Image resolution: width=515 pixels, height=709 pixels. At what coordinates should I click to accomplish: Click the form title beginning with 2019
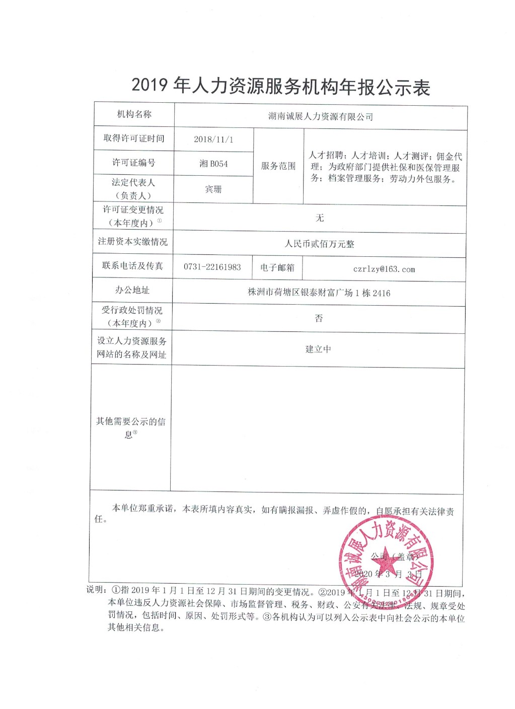280,87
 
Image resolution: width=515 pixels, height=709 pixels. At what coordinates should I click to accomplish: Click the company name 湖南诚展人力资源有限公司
320,117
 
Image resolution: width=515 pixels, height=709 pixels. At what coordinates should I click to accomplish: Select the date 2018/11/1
213,139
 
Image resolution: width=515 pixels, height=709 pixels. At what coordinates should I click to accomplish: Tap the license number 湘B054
213,164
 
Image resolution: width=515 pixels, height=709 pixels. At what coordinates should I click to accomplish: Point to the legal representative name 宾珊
213,189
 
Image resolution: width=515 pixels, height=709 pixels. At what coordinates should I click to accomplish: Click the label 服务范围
278,166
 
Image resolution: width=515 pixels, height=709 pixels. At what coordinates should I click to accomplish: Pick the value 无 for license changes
319,218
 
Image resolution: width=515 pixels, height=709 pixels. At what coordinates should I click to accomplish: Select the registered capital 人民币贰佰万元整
319,244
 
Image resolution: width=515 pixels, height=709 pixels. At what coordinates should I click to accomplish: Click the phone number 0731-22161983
212,267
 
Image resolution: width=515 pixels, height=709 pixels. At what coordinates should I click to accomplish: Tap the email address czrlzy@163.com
384,269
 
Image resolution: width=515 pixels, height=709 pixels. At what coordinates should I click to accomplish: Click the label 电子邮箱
277,267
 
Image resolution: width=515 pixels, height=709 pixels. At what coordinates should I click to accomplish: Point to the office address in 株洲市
319,293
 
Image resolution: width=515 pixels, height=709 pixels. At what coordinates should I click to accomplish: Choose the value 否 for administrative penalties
318,318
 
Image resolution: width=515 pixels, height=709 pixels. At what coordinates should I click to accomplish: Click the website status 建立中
318,349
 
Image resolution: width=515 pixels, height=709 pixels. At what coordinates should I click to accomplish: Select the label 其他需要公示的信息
130,427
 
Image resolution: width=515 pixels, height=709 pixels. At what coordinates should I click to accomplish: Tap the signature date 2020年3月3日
388,574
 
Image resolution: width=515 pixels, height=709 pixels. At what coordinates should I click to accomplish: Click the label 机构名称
134,114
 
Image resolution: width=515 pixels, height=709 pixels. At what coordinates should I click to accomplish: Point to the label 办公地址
132,290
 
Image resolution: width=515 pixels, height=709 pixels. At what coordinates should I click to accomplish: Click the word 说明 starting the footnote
96,590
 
